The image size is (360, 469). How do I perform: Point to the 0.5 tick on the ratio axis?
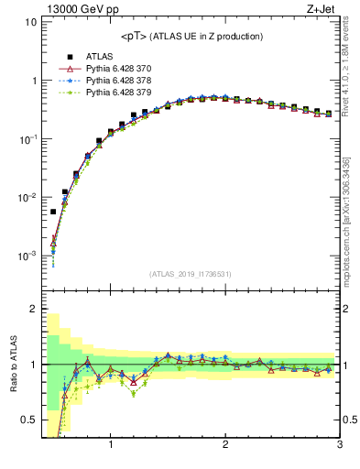[28, 420]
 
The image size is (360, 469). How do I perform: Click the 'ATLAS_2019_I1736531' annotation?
[190, 274]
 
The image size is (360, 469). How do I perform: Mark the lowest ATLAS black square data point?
[53, 212]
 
